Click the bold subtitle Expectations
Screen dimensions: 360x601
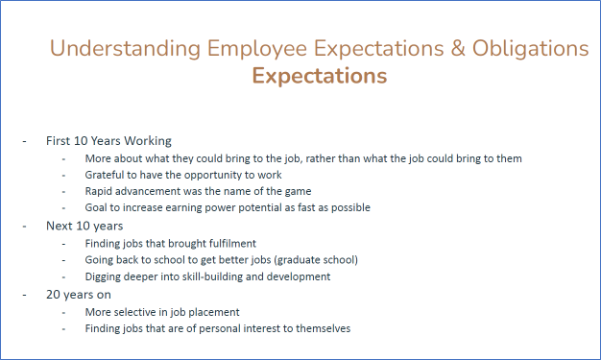pyautogui.click(x=320, y=76)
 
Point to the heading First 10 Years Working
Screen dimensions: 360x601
pyautogui.click(x=108, y=140)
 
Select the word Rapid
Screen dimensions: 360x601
pyautogui.click(x=101, y=191)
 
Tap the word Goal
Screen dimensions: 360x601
pyautogui.click(x=98, y=207)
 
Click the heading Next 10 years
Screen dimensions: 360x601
pyautogui.click(x=84, y=226)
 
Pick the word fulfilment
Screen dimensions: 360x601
pyautogui.click(x=247, y=244)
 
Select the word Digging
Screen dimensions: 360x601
pyautogui.click(x=107, y=276)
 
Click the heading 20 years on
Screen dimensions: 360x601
pyautogui.click(x=79, y=295)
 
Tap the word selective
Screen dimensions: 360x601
pyautogui.click(x=144, y=312)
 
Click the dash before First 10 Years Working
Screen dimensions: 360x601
pyautogui.click(x=25, y=140)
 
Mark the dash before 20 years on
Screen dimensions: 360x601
pyautogui.click(x=25, y=295)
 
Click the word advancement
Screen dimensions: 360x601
pyautogui.click(x=156, y=191)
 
